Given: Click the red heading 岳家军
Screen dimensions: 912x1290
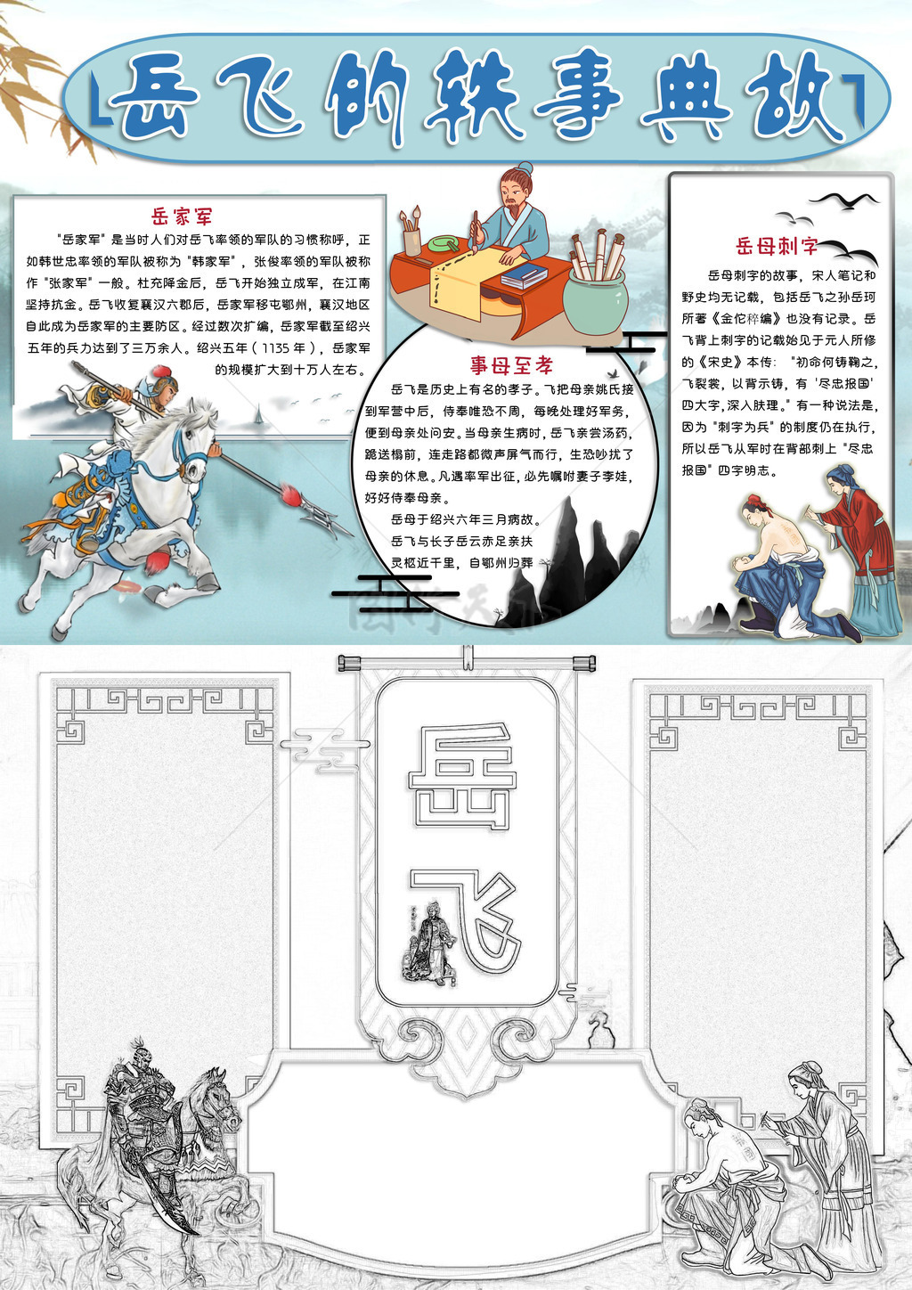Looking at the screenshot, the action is coord(182,216).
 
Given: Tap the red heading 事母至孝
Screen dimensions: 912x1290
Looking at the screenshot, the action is coord(511,365).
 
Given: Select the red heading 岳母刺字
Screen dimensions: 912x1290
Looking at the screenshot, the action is coord(777,247).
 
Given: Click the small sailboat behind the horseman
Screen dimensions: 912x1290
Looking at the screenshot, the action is coord(258,414).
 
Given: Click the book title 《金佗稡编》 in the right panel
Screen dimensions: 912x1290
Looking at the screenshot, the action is coord(747,318).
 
